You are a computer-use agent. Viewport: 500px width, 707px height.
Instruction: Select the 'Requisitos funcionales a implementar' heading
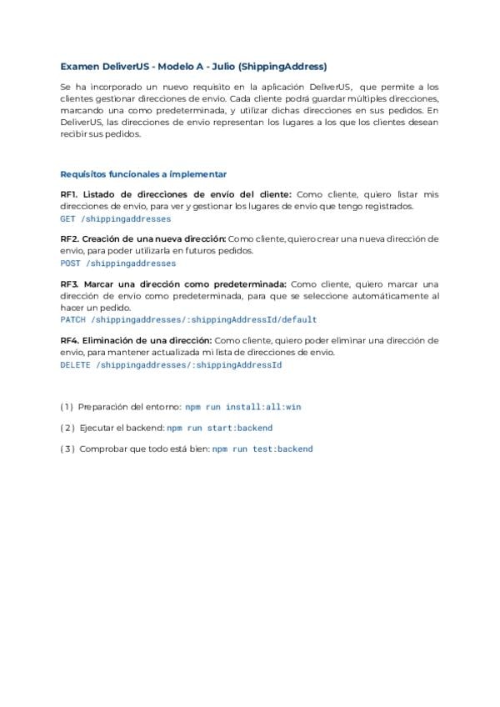(x=143, y=174)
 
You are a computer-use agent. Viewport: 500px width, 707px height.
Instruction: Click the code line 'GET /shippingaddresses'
(x=116, y=218)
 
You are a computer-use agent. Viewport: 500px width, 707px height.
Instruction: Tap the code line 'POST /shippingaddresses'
(x=118, y=263)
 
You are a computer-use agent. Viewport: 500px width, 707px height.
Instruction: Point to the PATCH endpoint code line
(x=188, y=319)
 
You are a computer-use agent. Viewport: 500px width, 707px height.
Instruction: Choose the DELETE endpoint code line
(x=171, y=364)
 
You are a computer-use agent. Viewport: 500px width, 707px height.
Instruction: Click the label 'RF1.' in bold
(x=70, y=194)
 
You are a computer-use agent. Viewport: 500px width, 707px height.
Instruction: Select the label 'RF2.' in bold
(x=70, y=238)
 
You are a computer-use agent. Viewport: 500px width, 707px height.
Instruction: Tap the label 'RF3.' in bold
(x=70, y=283)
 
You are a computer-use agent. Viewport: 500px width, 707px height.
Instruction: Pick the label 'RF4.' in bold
(x=70, y=340)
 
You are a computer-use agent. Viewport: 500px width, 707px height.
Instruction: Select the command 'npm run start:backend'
(x=219, y=428)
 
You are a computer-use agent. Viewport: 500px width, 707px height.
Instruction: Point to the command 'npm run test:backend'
(x=262, y=449)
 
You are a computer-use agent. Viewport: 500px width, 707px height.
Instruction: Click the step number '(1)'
(x=67, y=407)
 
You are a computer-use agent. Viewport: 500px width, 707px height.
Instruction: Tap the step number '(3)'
(x=67, y=449)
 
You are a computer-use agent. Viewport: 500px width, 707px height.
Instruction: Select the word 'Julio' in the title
(x=230, y=66)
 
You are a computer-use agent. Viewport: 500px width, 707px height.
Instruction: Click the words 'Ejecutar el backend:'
(x=122, y=428)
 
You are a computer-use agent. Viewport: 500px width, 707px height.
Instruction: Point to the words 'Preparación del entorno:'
(x=129, y=407)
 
